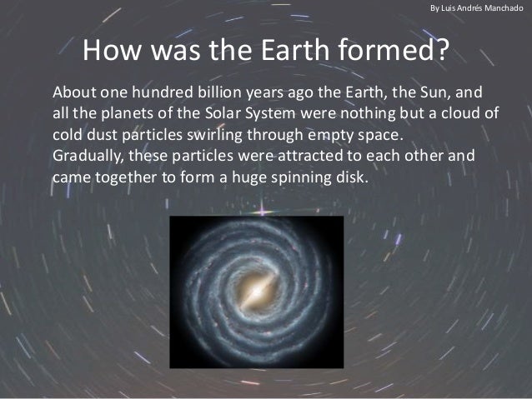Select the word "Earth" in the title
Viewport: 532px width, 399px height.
(291, 52)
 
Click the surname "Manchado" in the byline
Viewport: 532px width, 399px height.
(502, 7)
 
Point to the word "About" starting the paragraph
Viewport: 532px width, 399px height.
(72, 91)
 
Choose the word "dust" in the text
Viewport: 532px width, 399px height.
(104, 134)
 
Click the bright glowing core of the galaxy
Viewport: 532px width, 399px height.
(256, 292)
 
